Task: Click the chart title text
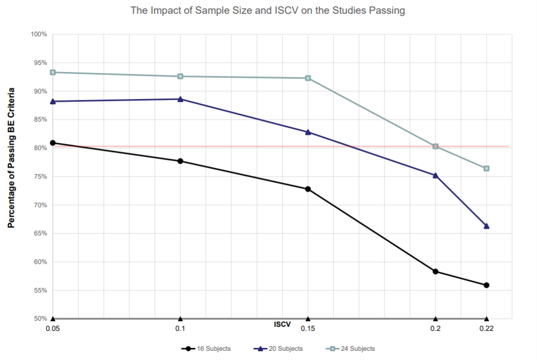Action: pyautogui.click(x=268, y=10)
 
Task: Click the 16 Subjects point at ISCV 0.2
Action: pyautogui.click(x=436, y=271)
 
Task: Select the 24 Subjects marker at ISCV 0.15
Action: pyautogui.click(x=308, y=78)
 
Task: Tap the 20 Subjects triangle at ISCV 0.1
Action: pyautogui.click(x=180, y=99)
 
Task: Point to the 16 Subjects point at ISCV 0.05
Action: pyautogui.click(x=53, y=143)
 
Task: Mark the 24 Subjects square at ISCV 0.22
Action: pyautogui.click(x=487, y=168)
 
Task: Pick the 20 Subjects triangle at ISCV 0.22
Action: pyautogui.click(x=487, y=226)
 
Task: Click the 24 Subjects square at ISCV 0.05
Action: pyautogui.click(x=53, y=72)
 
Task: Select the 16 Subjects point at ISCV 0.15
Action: pyautogui.click(x=308, y=189)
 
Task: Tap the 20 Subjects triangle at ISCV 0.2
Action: pyautogui.click(x=436, y=175)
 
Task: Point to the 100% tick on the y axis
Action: pyautogui.click(x=39, y=34)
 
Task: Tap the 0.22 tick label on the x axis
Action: pyautogui.click(x=487, y=329)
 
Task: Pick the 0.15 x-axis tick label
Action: pyautogui.click(x=308, y=329)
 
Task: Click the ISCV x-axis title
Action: pyautogui.click(x=282, y=324)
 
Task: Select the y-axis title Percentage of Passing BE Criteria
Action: pyautogui.click(x=11, y=158)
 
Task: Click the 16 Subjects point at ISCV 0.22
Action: pyautogui.click(x=487, y=285)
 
